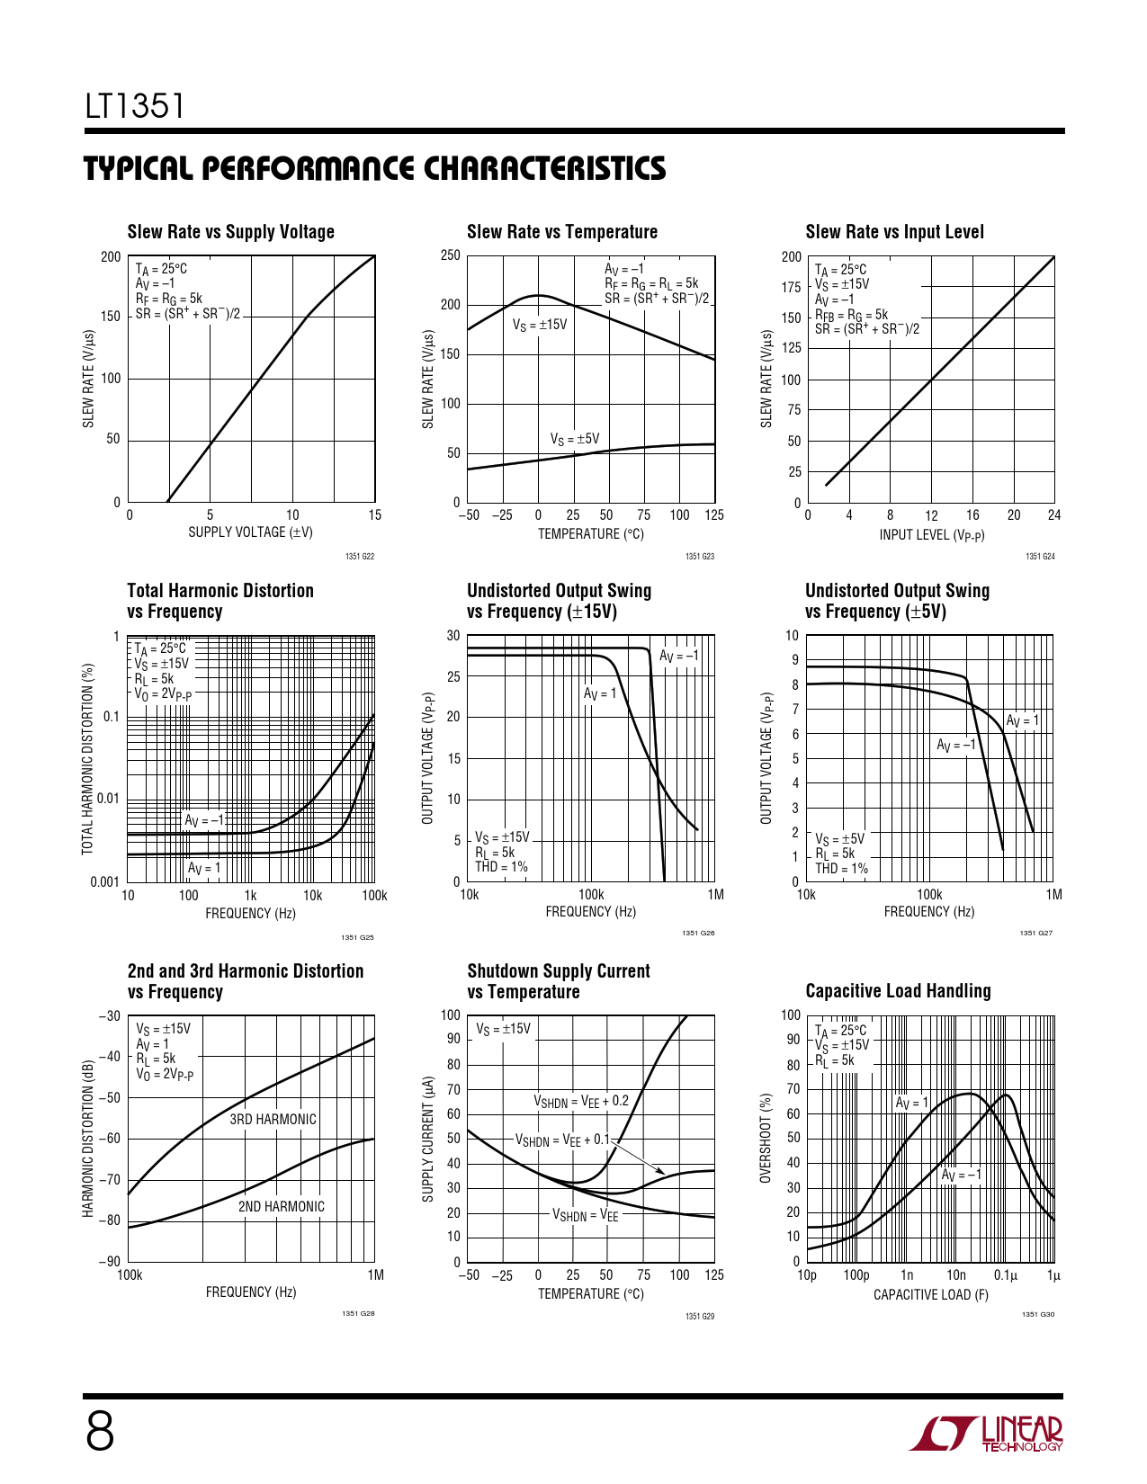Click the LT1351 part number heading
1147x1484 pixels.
(x=135, y=106)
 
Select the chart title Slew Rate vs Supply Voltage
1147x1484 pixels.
(x=230, y=232)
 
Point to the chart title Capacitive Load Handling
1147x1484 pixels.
(x=898, y=991)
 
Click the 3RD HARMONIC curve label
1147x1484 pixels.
(x=273, y=1120)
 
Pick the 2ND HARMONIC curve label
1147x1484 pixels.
(x=281, y=1207)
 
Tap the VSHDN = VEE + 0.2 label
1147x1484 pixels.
(x=581, y=1101)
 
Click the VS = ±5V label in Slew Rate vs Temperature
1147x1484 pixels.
(x=574, y=439)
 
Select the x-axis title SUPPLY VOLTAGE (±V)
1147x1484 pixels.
(x=250, y=532)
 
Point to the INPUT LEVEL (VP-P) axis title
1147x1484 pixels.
(x=931, y=536)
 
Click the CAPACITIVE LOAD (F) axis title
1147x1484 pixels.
(x=930, y=1295)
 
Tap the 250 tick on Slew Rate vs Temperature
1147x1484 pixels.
(x=451, y=255)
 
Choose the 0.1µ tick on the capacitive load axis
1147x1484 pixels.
(x=1005, y=1275)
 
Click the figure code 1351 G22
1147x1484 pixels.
(x=359, y=557)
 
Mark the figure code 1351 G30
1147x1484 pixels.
(x=1037, y=1315)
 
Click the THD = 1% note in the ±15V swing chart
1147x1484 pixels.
(x=501, y=867)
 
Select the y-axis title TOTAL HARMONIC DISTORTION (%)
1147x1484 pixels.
(x=88, y=759)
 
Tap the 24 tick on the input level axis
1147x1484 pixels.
(x=1053, y=515)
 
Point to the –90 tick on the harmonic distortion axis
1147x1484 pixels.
(x=109, y=1262)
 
